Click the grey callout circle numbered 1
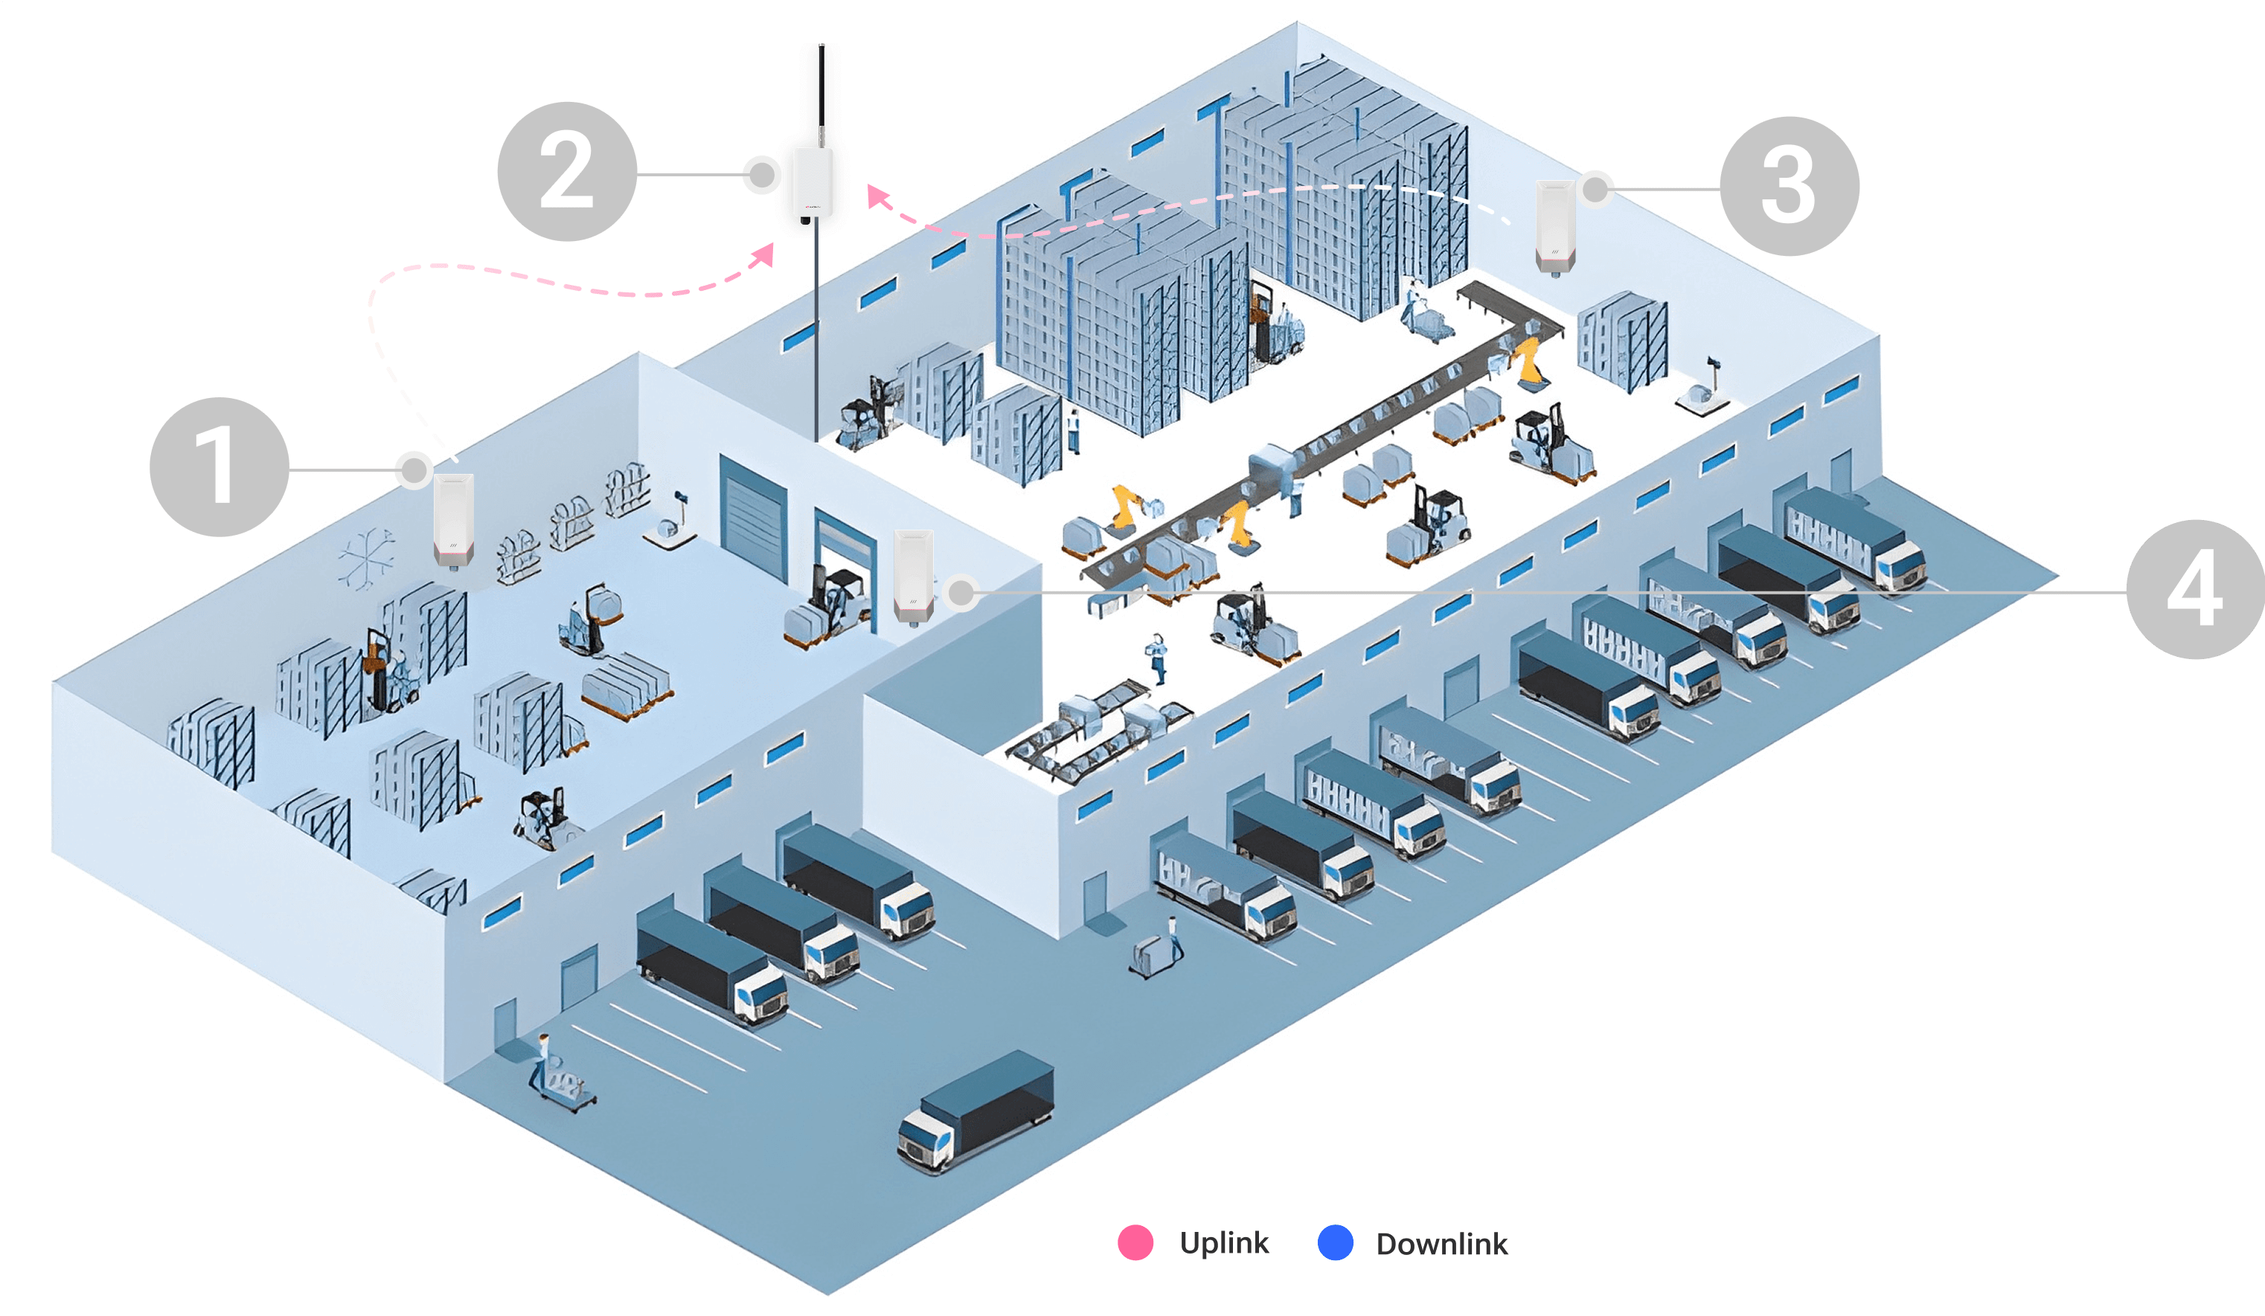[219, 466]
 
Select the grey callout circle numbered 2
[566, 172]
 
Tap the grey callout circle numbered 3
[1789, 186]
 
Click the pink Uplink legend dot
[1135, 1242]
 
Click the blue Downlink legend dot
[1335, 1242]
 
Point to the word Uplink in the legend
[1223, 1242]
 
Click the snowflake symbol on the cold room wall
[367, 559]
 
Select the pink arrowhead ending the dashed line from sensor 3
[877, 196]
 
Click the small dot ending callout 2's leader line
[762, 173]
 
